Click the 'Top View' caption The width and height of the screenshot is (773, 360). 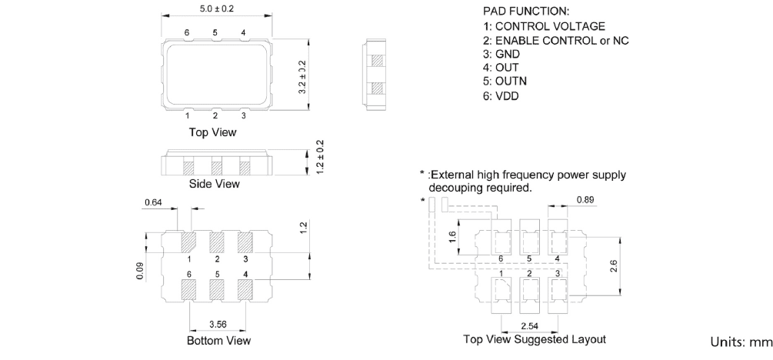(213, 132)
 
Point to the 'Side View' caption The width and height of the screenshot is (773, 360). (215, 184)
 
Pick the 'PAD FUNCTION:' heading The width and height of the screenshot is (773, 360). (526, 12)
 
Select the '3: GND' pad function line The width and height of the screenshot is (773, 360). (501, 54)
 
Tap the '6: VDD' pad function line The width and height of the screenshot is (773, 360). (501, 95)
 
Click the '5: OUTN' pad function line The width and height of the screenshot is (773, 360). (505, 82)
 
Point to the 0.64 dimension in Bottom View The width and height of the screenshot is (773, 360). (154, 203)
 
